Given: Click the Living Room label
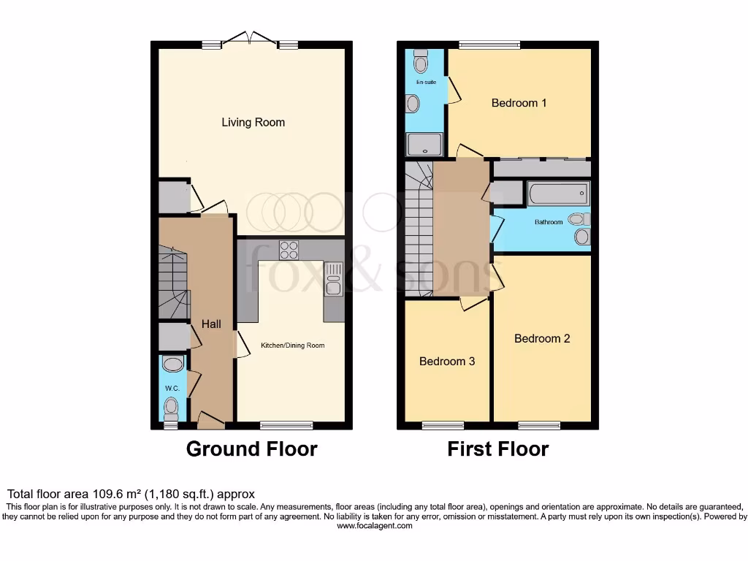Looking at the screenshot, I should point(253,123).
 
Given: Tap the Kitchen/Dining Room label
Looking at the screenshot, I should point(293,346).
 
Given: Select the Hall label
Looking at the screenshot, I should point(211,324).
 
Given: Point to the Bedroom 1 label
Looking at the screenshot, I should point(519,103).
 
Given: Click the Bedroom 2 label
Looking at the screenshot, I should point(542,338).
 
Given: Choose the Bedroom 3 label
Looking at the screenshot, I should point(447,362).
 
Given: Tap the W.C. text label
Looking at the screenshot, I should point(172,388).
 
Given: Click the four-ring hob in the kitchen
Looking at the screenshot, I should point(289,250).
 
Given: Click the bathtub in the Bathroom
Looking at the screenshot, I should point(558,194).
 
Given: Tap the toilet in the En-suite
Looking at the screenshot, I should point(420,63).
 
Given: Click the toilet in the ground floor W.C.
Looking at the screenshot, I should point(172,405).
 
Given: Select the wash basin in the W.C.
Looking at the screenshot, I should point(173,364).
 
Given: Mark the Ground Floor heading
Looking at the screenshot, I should point(251,449).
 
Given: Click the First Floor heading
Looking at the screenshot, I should point(497,449).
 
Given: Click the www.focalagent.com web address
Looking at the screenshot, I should point(374,525).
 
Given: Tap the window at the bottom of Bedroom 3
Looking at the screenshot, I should point(443,425).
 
